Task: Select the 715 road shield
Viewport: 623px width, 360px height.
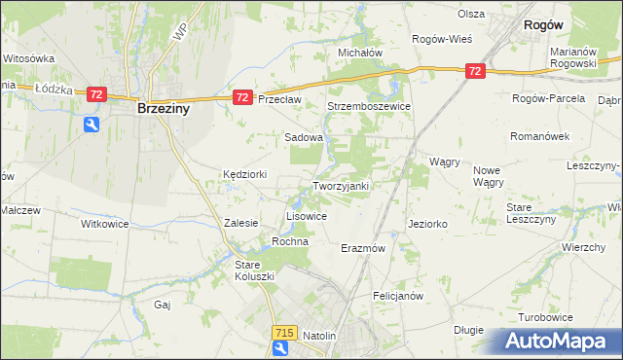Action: (283, 333)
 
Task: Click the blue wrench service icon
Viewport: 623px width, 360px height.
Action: (91, 124)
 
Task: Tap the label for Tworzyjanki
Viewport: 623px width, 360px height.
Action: (340, 186)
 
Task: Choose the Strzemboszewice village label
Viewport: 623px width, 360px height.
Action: (369, 106)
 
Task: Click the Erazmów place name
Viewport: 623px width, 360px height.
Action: (364, 248)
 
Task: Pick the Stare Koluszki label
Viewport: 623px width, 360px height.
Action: (255, 270)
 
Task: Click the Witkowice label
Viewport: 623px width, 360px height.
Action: (104, 223)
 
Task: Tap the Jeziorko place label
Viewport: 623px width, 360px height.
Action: (428, 224)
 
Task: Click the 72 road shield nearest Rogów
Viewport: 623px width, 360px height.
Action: (475, 71)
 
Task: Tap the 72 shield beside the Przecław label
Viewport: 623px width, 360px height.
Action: (243, 97)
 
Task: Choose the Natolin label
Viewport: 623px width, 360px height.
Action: (319, 336)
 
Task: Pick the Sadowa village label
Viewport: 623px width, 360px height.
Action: (303, 138)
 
